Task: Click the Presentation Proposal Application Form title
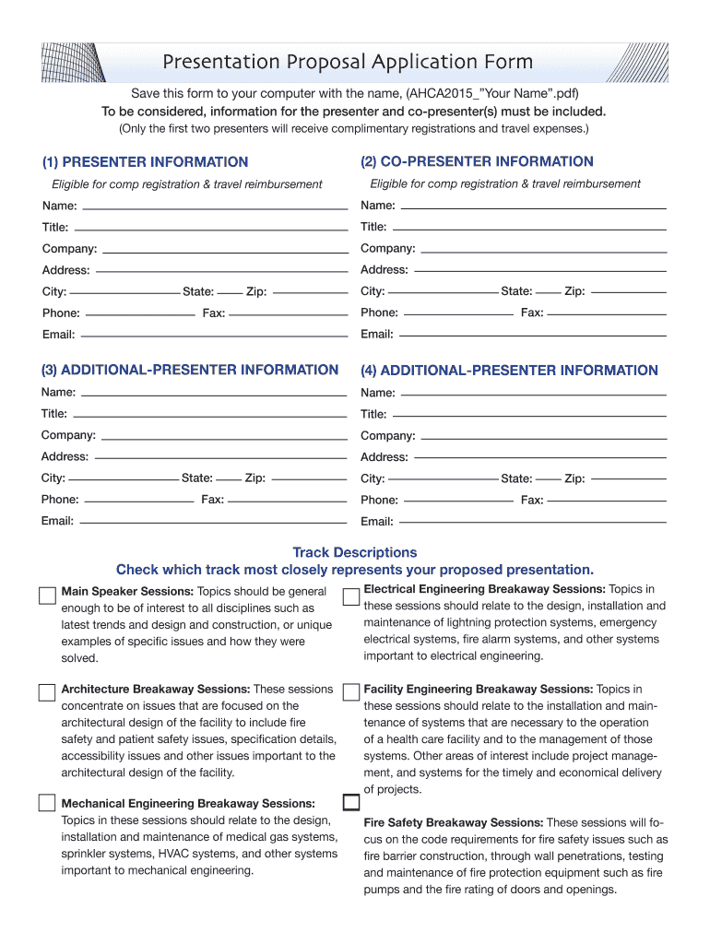[x=348, y=63]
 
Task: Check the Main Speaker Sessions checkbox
[x=47, y=595]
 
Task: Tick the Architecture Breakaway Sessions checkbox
[x=47, y=692]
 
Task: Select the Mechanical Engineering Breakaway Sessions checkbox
[x=47, y=802]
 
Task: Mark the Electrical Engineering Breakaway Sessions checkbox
[x=350, y=596]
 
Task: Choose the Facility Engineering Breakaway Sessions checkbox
[x=350, y=691]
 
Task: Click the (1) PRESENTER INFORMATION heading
[x=145, y=162]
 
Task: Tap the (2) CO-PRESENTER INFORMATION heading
[x=477, y=161]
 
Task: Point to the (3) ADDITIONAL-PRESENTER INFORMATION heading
[x=189, y=370]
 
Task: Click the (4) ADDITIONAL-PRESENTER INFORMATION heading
[x=509, y=371]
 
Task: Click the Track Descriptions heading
[x=354, y=552]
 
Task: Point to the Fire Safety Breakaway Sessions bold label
[x=453, y=822]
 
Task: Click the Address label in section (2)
[x=384, y=270]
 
